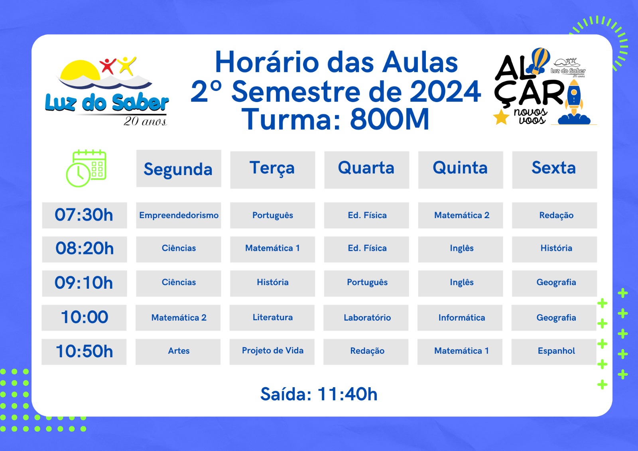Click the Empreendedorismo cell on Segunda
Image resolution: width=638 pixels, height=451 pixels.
pyautogui.click(x=179, y=215)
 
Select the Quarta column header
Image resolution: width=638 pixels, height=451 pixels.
pyautogui.click(x=366, y=170)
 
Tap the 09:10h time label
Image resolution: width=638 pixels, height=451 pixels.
pyautogui.click(x=84, y=283)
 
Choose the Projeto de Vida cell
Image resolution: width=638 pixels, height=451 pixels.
pyautogui.click(x=272, y=352)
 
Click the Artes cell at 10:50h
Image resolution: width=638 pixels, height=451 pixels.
pyautogui.click(x=178, y=352)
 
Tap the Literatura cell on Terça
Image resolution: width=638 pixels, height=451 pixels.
pyautogui.click(x=272, y=318)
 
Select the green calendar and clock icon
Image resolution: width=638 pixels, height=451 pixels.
pyautogui.click(x=86, y=168)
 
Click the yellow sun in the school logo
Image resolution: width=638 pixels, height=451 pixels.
pyautogui.click(x=80, y=70)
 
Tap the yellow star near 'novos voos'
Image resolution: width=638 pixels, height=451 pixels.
pyautogui.click(x=501, y=117)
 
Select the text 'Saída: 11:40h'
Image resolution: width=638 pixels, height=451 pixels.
pyautogui.click(x=319, y=394)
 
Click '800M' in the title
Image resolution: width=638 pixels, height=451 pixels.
pyautogui.click(x=389, y=119)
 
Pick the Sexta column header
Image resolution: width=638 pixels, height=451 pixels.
pyautogui.click(x=555, y=170)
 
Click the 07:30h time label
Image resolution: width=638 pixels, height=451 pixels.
pyautogui.click(x=84, y=215)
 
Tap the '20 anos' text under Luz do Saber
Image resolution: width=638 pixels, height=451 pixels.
pyautogui.click(x=145, y=121)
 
